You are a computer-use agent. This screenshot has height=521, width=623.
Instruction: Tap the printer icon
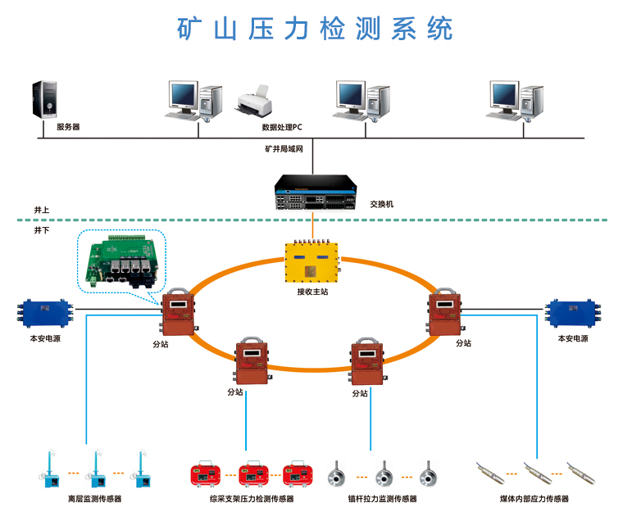pos(254,101)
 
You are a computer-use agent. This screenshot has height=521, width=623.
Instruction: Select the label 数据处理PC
pos(282,128)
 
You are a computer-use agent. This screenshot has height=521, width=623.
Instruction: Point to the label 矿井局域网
pos(284,150)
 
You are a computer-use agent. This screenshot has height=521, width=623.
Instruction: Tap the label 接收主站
pos(312,292)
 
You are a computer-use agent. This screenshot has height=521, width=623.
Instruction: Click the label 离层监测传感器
pos(94,498)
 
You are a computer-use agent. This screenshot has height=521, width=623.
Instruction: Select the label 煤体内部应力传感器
pos(534,498)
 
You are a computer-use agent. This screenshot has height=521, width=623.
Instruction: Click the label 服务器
pos(68,128)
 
